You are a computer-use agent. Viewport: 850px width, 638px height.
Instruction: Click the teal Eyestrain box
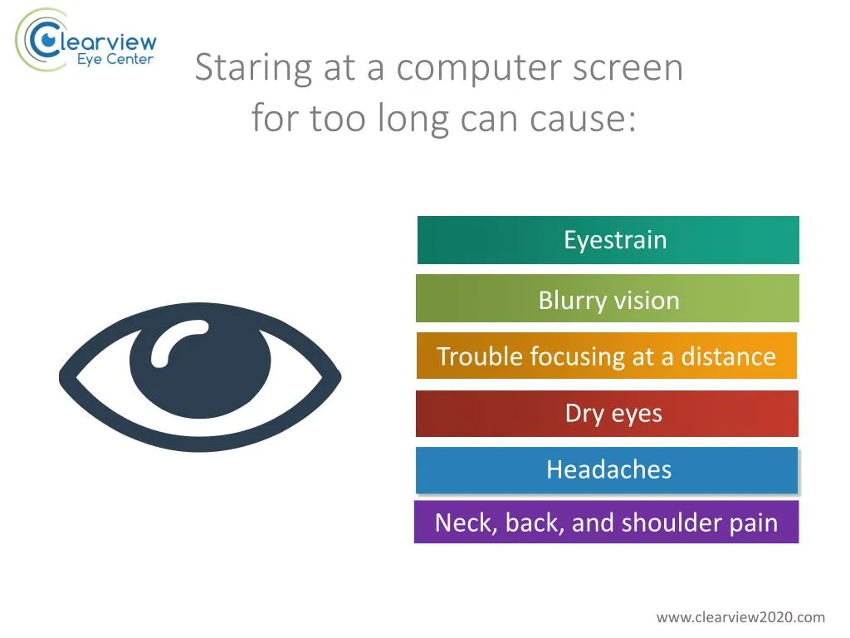[x=608, y=240]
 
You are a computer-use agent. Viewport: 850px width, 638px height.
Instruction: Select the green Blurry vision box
[x=608, y=299]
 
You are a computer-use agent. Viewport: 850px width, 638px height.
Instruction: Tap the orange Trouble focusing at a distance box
[x=606, y=356]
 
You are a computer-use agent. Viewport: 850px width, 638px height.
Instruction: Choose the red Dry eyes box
[x=607, y=414]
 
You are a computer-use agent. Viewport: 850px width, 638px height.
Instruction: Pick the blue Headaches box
[x=607, y=470]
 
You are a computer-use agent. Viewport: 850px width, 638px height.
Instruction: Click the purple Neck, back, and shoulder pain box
[x=606, y=523]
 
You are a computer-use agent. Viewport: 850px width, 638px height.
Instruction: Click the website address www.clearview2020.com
[x=740, y=616]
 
